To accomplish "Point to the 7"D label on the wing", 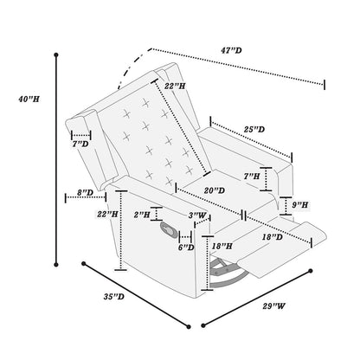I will [x=80, y=143].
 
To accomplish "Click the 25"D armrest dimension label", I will [x=254, y=129].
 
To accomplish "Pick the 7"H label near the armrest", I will [x=252, y=176].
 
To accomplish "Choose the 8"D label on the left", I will [x=85, y=193].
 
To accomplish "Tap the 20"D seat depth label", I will [x=190, y=190].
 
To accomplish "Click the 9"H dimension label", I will [x=300, y=204].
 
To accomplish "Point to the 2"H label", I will [x=143, y=213].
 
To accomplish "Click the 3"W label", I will [x=196, y=215].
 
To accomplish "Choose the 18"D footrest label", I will [x=271, y=236].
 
